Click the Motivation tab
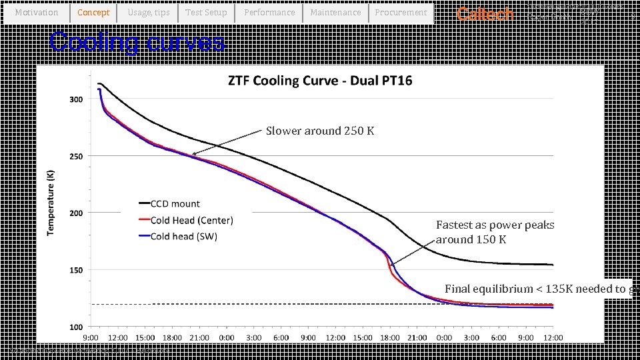click(36, 13)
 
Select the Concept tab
click(93, 13)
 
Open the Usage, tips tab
click(149, 13)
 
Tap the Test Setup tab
click(206, 13)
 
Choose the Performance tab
click(269, 13)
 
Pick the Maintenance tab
click(335, 13)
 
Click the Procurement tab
click(401, 13)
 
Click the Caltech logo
click(485, 14)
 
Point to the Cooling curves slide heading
click(137, 42)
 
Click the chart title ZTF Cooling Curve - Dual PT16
click(320, 81)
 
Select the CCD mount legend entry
click(175, 204)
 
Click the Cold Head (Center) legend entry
click(191, 220)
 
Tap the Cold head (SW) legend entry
click(183, 236)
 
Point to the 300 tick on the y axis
click(75, 99)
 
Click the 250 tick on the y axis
click(75, 157)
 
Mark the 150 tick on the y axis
click(75, 270)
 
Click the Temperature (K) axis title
click(51, 201)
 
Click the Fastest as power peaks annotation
click(495, 232)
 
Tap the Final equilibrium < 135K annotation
click(536, 289)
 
